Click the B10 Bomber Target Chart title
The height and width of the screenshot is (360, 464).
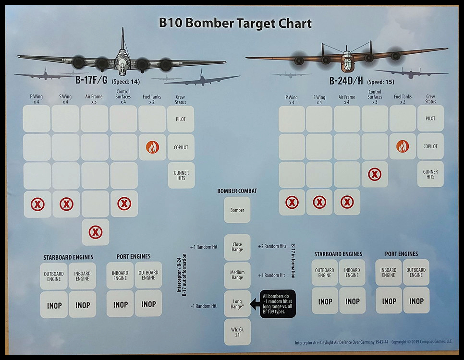click(235, 23)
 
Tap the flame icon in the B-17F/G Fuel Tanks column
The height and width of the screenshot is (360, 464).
click(152, 147)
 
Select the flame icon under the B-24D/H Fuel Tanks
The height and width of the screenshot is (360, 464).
click(403, 146)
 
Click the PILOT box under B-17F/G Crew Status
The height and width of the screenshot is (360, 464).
click(181, 119)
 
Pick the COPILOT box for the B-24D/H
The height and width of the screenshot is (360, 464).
click(430, 146)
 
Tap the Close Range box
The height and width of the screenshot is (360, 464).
click(237, 247)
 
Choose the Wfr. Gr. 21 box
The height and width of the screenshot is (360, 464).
click(237, 332)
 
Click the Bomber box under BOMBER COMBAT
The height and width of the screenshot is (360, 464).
click(237, 210)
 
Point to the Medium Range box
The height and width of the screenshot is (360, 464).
click(237, 275)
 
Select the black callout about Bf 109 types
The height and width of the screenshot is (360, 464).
click(278, 303)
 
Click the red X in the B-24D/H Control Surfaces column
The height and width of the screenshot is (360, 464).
click(375, 174)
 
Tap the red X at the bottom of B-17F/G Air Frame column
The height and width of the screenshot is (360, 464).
click(96, 232)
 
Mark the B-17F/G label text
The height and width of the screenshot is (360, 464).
click(91, 80)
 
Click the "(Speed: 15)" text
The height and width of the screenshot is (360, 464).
click(380, 82)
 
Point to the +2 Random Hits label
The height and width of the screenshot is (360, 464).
click(272, 246)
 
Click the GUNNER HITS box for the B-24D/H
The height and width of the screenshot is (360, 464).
click(430, 174)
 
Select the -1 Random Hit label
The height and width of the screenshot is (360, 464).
click(204, 306)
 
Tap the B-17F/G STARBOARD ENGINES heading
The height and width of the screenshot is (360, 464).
click(68, 257)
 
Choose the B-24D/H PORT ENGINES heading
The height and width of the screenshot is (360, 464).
click(402, 254)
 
